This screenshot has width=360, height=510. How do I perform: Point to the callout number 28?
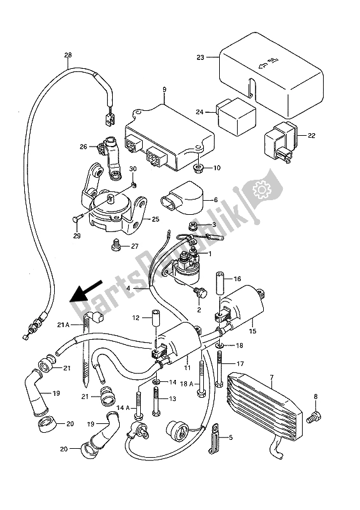(x=67, y=55)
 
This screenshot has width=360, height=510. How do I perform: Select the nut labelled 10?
(x=198, y=169)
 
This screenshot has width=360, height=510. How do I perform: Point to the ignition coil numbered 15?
(x=240, y=309)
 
